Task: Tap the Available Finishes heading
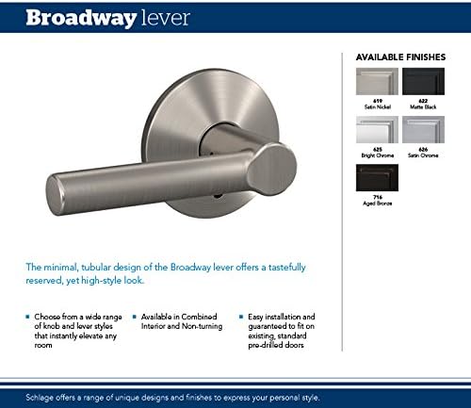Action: pyautogui.click(x=399, y=58)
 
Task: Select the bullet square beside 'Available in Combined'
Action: pyautogui.click(x=136, y=318)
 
